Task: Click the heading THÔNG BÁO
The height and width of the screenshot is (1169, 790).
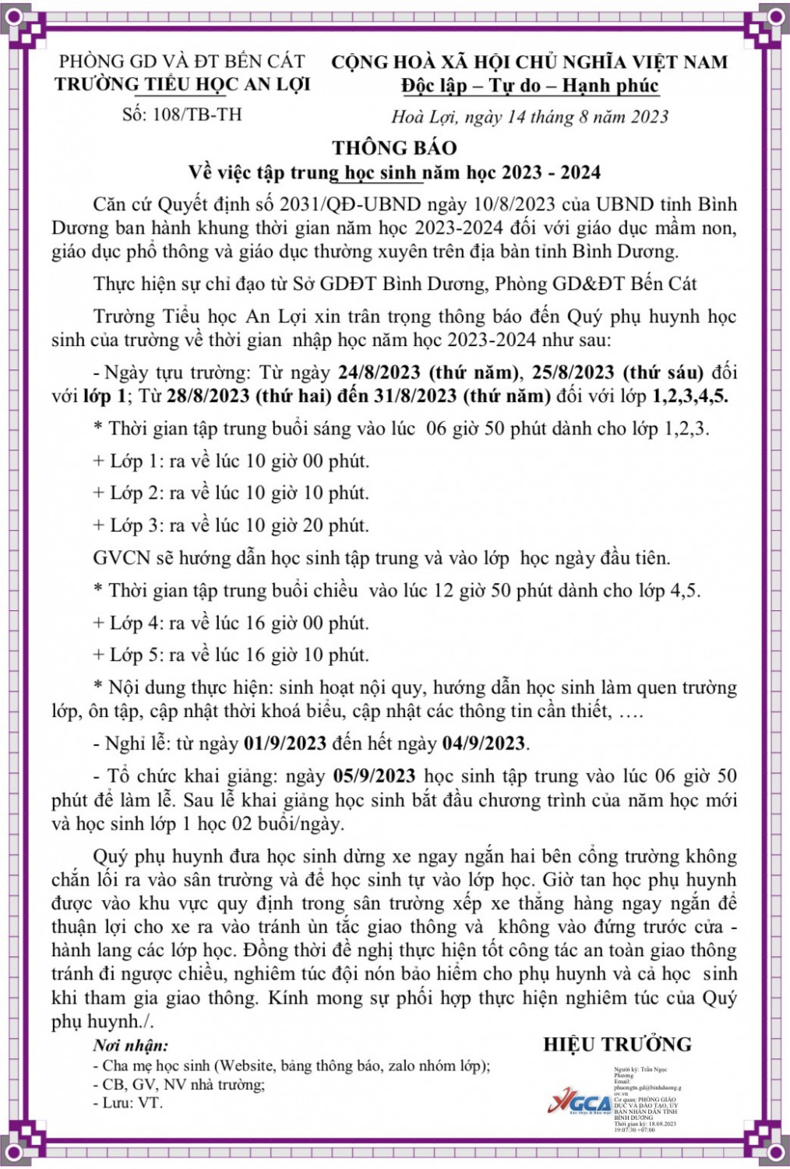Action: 394,148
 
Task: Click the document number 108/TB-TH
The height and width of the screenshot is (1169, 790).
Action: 182,115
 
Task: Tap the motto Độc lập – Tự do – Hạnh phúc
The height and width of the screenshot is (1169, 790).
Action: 530,86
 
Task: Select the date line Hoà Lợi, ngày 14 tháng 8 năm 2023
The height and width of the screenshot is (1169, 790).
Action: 530,117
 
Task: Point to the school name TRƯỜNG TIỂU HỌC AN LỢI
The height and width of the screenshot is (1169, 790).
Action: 182,84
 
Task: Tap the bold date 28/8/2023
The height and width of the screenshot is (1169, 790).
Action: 208,396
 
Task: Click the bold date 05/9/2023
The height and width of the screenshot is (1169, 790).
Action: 374,776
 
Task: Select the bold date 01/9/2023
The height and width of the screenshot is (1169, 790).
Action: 285,743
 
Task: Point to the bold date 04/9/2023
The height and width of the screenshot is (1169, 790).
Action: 484,743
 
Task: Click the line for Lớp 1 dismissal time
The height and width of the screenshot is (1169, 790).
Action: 231,461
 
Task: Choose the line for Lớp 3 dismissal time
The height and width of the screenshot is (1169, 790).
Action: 231,526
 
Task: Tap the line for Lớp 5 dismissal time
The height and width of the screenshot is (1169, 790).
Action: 231,655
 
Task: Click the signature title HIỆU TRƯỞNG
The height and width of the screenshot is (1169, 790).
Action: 617,1045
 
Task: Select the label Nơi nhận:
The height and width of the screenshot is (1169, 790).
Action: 130,1046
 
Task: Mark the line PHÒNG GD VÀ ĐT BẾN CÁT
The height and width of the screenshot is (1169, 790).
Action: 182,61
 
